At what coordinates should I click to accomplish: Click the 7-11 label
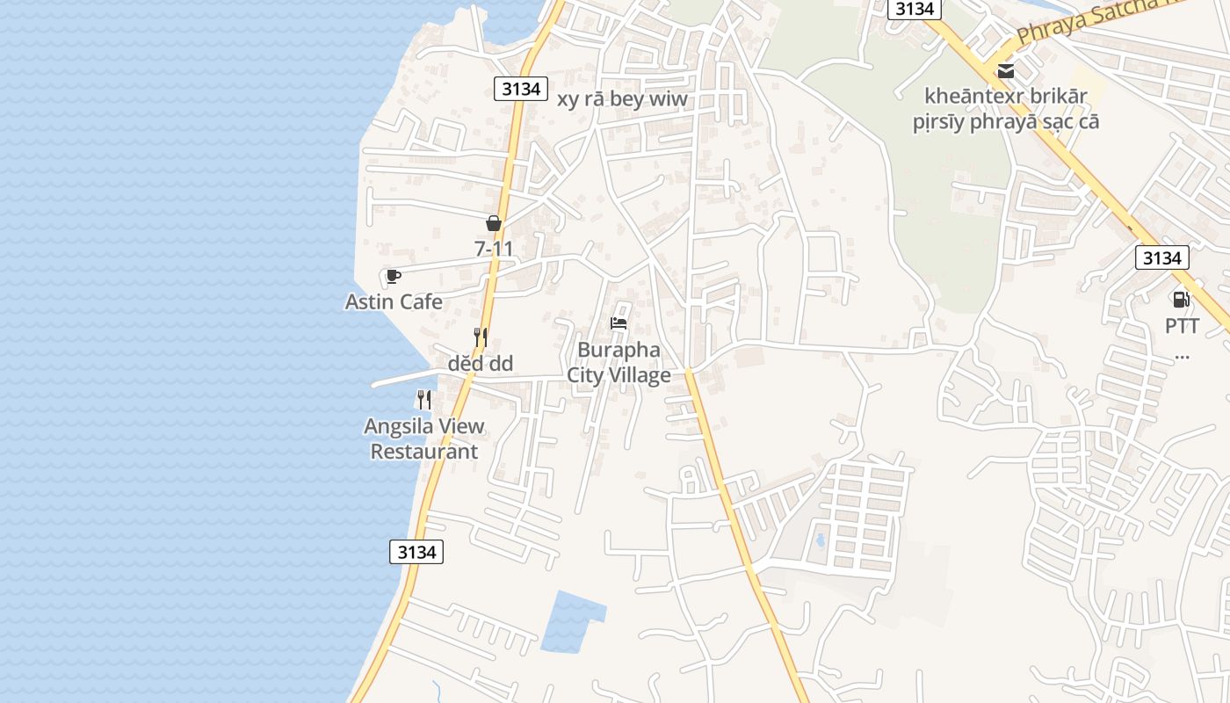pos(494,250)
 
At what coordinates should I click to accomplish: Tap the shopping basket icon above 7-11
pos(494,223)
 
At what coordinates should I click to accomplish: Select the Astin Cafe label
pos(394,302)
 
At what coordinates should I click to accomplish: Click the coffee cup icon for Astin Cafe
pos(393,276)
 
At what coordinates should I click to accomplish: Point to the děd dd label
pos(480,364)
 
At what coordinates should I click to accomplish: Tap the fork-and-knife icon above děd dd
pos(480,337)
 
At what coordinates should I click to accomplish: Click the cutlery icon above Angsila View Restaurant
pos(424,400)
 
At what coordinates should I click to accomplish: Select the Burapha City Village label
pos(619,362)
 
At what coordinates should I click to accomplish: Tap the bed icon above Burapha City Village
pos(619,323)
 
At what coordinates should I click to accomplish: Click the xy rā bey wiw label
pos(622,99)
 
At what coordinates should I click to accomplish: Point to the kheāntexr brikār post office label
pos(1006,108)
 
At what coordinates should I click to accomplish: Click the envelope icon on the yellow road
pos(1005,70)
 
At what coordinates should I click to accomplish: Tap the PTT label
pos(1182,326)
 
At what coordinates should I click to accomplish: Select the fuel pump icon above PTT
pos(1182,300)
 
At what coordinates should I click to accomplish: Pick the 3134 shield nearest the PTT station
pos(1161,257)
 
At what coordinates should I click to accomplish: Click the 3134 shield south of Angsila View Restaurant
pos(416,552)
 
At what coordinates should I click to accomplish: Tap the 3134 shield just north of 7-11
pos(521,88)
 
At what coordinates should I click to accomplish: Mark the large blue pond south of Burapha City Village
pos(571,622)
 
